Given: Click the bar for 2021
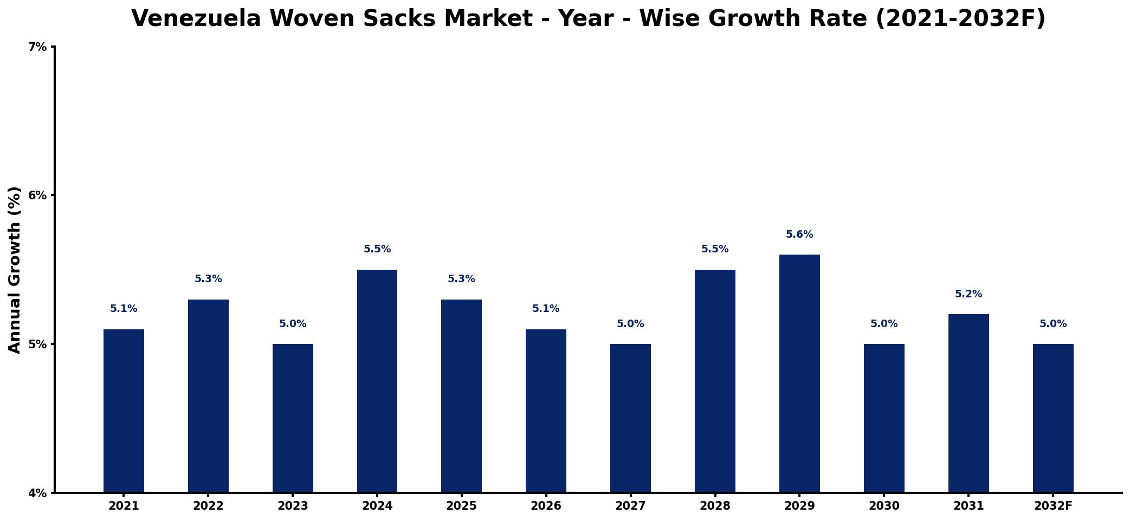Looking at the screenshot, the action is click(x=124, y=411).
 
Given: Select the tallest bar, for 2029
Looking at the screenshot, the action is click(x=799, y=373).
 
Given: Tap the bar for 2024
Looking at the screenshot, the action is click(x=377, y=381).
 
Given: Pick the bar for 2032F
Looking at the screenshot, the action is click(x=1053, y=418).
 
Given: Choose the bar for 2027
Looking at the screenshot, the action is click(x=630, y=418).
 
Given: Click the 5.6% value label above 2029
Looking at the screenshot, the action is click(x=799, y=235).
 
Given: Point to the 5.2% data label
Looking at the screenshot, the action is click(x=968, y=294).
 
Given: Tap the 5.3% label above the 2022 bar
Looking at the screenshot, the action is click(x=208, y=279).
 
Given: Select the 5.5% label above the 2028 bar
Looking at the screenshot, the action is click(x=715, y=249).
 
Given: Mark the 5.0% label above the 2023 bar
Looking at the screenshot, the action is click(x=293, y=324).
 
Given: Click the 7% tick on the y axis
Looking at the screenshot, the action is click(x=37, y=47).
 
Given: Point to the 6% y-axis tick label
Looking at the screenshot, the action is click(x=37, y=196).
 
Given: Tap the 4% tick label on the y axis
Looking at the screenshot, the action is click(x=37, y=493).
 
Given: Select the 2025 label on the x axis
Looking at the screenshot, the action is click(x=461, y=506).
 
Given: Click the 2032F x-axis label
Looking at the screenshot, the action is click(x=1053, y=506).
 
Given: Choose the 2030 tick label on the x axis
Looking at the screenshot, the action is click(x=884, y=506).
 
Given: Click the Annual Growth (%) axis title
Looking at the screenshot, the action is click(x=15, y=270).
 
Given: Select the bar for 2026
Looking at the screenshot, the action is click(x=546, y=411).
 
